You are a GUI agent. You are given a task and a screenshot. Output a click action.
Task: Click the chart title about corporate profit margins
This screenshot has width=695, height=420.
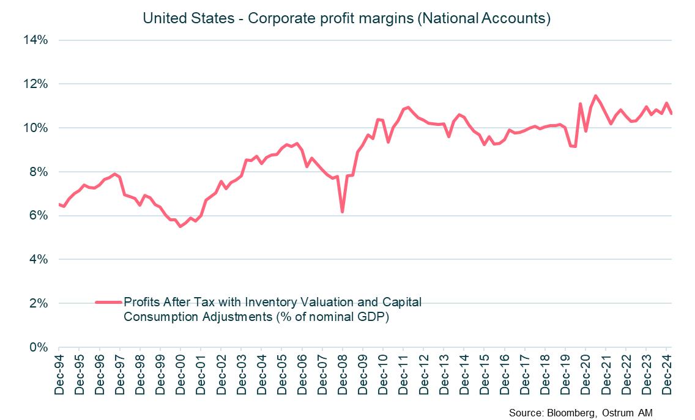click(x=347, y=18)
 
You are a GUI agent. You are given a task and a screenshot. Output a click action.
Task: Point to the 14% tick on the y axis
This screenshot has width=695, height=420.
click(x=35, y=40)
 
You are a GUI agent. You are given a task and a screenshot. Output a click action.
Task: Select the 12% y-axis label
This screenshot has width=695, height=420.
click(x=35, y=84)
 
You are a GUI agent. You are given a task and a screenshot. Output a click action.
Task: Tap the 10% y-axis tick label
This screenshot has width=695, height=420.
click(x=35, y=128)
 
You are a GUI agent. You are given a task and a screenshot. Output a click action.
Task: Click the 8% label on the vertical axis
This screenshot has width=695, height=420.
click(x=38, y=172)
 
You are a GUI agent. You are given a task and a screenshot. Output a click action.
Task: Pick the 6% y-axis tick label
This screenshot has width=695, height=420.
click(x=38, y=216)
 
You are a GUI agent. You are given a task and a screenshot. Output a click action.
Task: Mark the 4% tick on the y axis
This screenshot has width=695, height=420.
click(x=38, y=260)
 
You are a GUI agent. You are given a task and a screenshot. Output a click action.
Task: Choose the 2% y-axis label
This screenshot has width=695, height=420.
click(x=38, y=304)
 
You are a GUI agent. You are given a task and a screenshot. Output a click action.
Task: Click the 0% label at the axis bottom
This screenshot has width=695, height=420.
click(x=38, y=347)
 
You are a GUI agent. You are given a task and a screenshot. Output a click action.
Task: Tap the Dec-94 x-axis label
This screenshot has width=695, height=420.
click(x=59, y=374)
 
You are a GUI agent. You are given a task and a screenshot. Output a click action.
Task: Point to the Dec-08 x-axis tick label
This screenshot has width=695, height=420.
click(x=343, y=374)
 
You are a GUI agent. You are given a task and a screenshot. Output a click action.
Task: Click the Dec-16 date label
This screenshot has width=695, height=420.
click(x=504, y=374)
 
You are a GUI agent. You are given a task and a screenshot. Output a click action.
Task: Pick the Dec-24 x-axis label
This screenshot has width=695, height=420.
click(x=666, y=374)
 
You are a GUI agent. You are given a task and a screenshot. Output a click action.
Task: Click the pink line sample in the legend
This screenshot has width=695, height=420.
click(x=109, y=302)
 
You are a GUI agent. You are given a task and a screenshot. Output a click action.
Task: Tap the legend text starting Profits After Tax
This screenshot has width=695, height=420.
click(x=272, y=309)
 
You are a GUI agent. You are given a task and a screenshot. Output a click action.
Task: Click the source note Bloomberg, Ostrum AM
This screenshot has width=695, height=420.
click(x=581, y=414)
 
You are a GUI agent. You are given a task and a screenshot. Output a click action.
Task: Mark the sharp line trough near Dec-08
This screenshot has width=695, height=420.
click(x=343, y=212)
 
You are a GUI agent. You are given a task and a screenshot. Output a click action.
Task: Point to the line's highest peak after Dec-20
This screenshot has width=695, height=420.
click(x=595, y=95)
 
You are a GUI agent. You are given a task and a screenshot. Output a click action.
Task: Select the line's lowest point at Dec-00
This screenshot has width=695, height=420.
click(x=180, y=226)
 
